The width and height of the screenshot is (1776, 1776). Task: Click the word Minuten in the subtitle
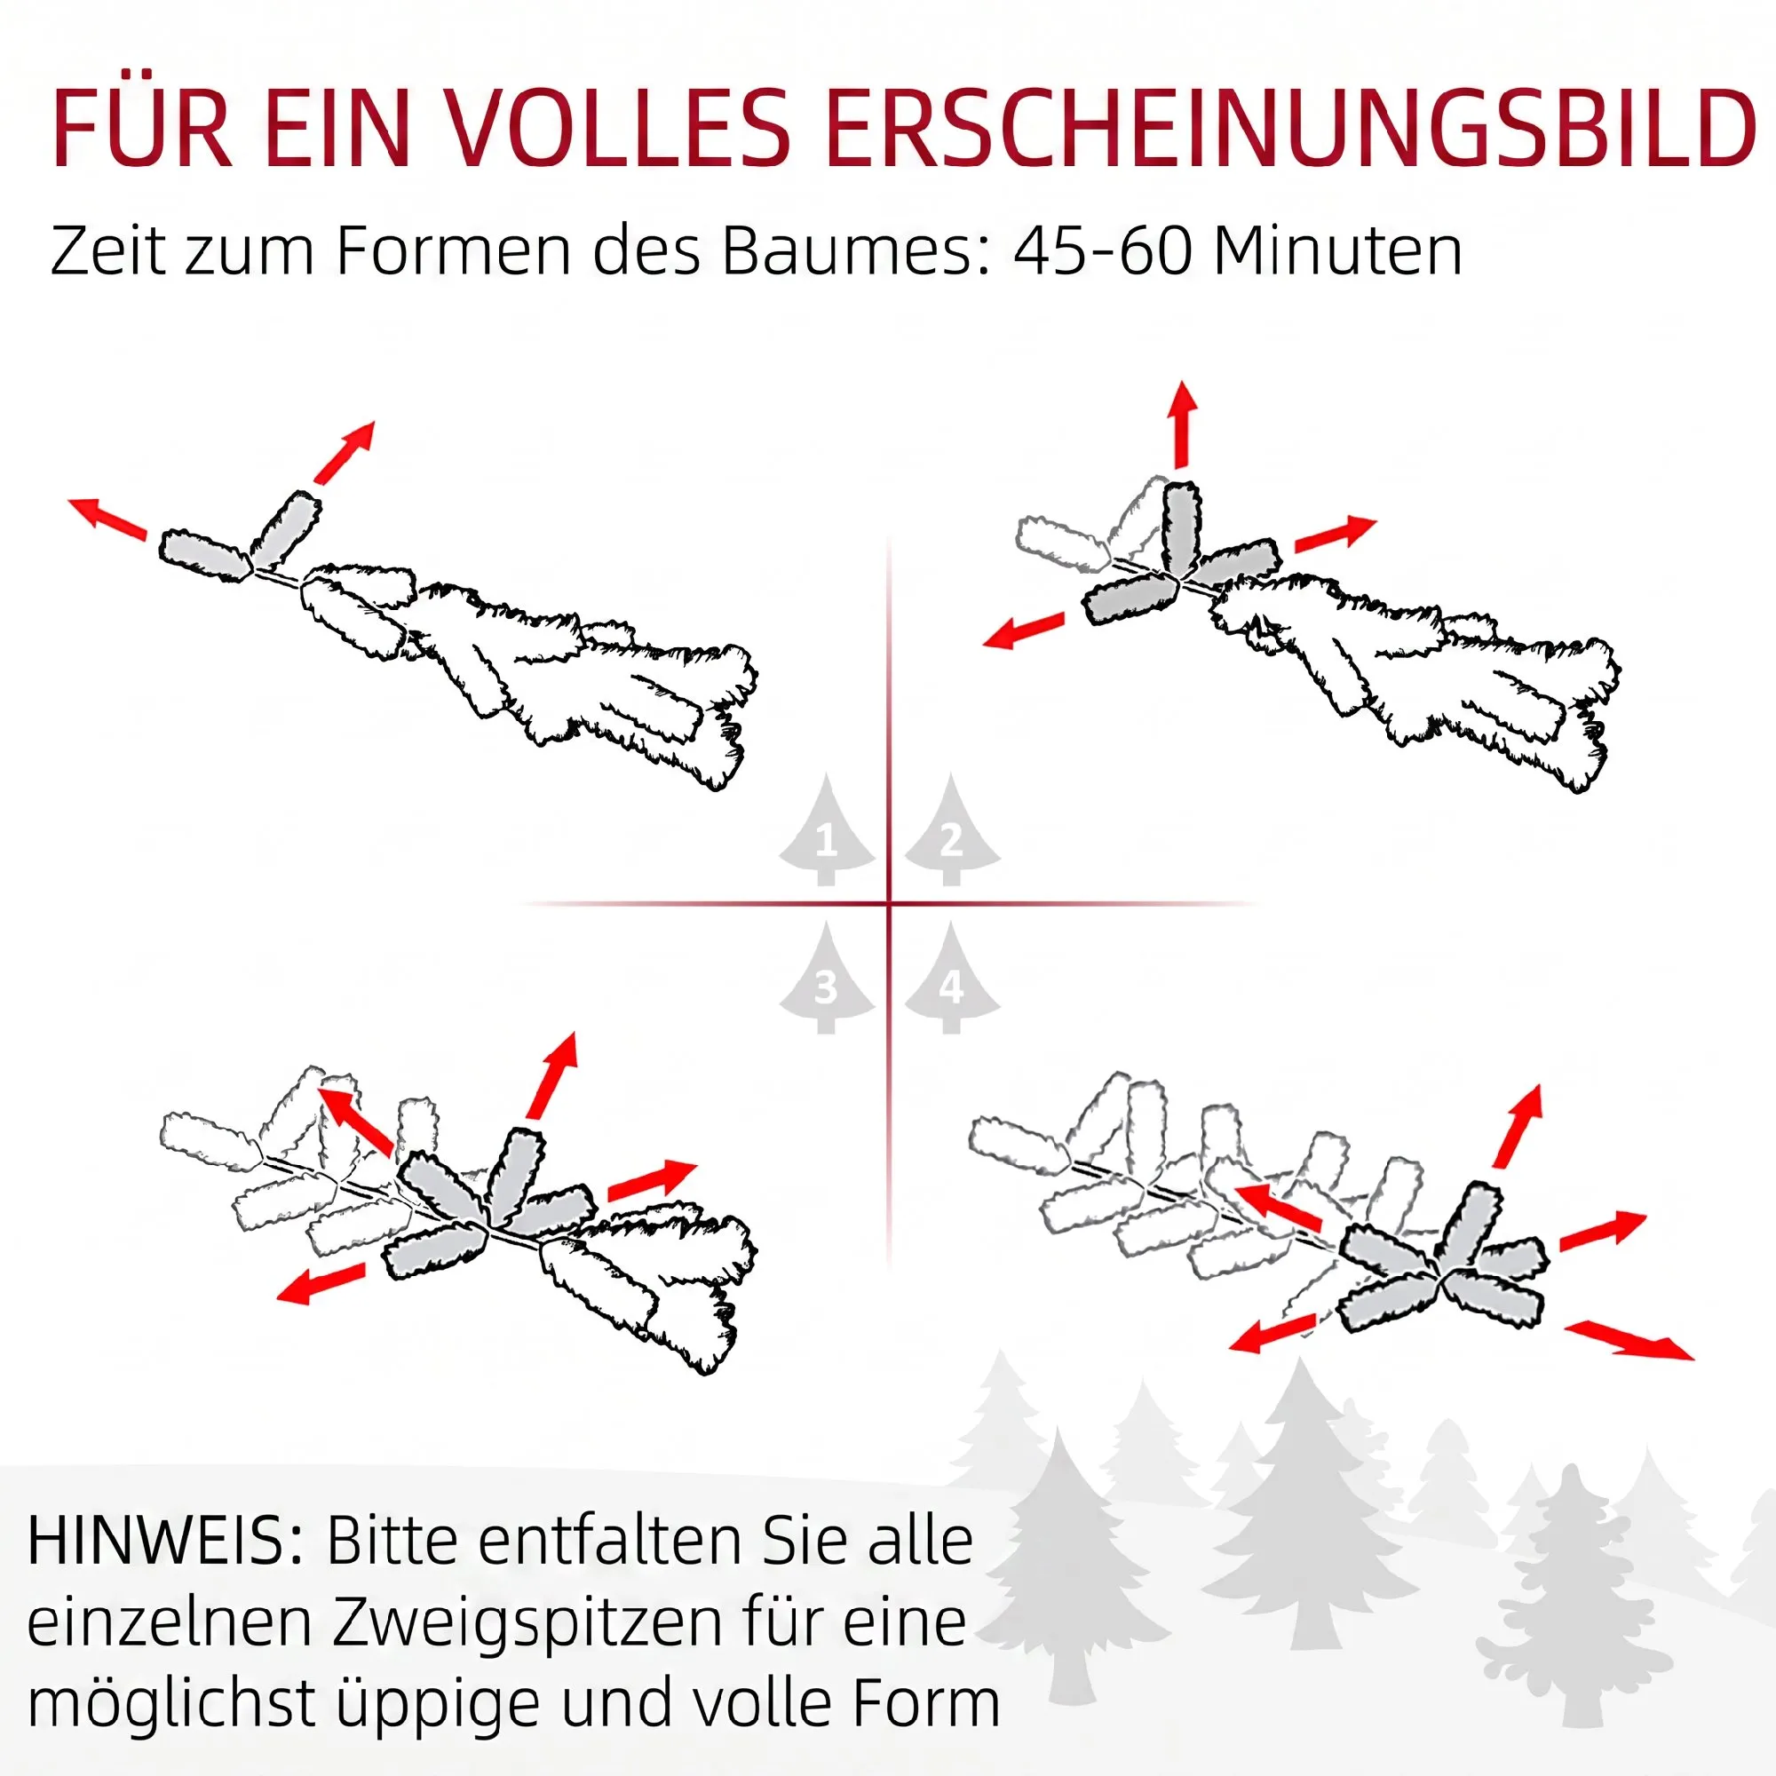click(x=1336, y=250)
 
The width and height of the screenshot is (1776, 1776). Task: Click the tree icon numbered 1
click(x=827, y=830)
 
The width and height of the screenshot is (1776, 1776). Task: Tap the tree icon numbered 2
click(x=951, y=830)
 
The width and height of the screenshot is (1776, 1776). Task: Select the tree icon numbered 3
click(x=827, y=977)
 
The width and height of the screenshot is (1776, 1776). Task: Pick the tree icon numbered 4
click(x=951, y=977)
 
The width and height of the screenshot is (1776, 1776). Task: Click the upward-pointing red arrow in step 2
click(x=1184, y=424)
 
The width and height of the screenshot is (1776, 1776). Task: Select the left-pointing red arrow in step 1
click(x=107, y=517)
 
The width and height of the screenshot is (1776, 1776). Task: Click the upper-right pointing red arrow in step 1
click(x=345, y=452)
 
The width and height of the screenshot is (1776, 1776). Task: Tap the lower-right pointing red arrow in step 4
click(x=1628, y=1339)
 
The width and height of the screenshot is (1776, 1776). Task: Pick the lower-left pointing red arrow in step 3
click(x=321, y=1282)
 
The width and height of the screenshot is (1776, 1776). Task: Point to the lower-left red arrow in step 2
click(x=1024, y=630)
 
